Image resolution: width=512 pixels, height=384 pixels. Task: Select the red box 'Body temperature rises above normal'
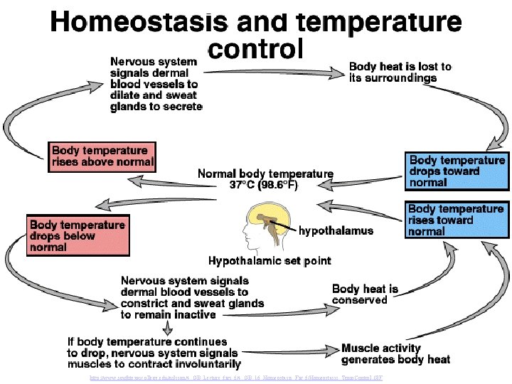102,156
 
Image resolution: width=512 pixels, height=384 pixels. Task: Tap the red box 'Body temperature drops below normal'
78,236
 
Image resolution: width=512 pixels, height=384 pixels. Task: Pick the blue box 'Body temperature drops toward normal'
457,171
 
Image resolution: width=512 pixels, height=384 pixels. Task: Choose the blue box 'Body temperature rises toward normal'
457,220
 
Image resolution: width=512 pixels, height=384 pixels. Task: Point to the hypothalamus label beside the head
335,230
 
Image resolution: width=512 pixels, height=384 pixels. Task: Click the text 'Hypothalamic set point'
270,261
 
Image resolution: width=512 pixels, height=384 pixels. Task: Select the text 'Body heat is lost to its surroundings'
400,72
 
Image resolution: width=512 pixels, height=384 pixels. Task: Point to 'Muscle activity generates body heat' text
395,353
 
